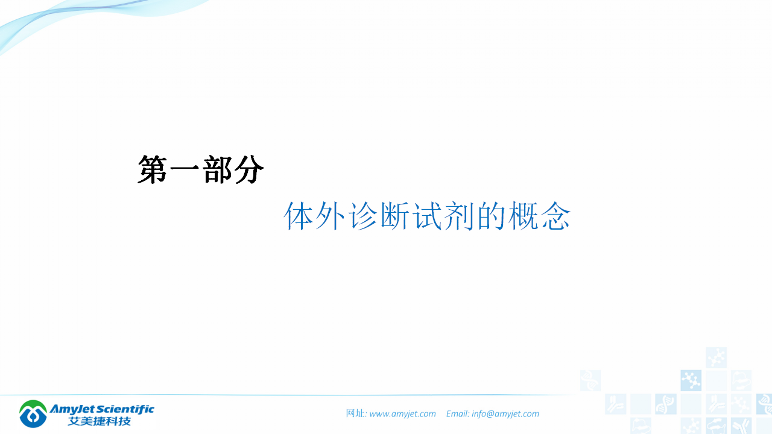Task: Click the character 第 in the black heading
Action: [x=153, y=170]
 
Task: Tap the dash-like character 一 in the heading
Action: [x=185, y=171]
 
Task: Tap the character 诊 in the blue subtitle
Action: [x=364, y=216]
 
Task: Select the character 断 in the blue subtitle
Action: [x=396, y=216]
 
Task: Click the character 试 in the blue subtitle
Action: [x=429, y=216]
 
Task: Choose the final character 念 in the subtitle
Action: [x=555, y=216]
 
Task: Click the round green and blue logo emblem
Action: [x=33, y=414]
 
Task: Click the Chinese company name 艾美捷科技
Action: [x=100, y=421]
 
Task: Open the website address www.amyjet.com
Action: [x=402, y=414]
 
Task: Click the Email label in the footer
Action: [x=457, y=414]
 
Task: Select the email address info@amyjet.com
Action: [x=505, y=414]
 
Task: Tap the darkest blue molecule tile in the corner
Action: [x=691, y=380]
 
